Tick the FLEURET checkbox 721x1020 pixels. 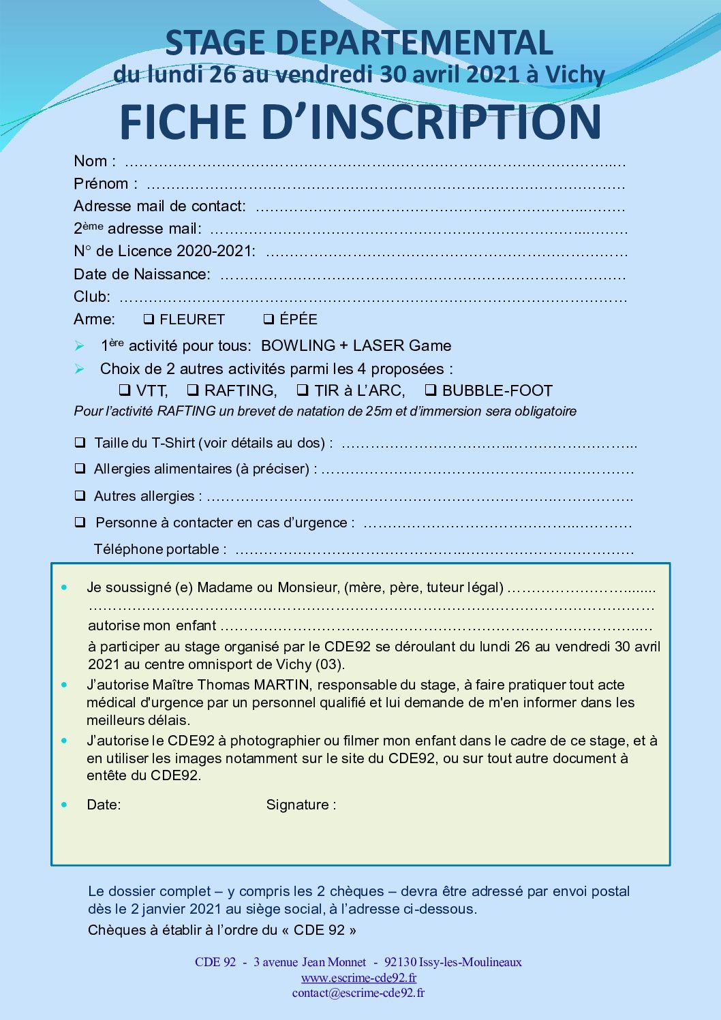149,319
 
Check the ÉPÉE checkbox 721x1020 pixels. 269,319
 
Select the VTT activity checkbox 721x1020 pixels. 125,390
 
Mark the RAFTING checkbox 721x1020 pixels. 193,390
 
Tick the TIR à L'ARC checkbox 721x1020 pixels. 303,390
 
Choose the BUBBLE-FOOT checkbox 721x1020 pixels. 431,390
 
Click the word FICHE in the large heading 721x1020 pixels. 182,123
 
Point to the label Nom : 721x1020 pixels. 95,161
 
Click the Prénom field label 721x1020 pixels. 106,184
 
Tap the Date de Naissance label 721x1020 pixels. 142,274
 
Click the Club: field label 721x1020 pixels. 92,296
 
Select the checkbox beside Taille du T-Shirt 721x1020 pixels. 80,443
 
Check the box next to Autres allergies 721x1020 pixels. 80,496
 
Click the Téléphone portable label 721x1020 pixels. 160,549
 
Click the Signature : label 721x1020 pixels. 301,805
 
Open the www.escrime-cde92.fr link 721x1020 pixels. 359,978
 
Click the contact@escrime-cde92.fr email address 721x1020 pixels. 358,993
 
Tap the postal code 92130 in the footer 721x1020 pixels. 400,962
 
